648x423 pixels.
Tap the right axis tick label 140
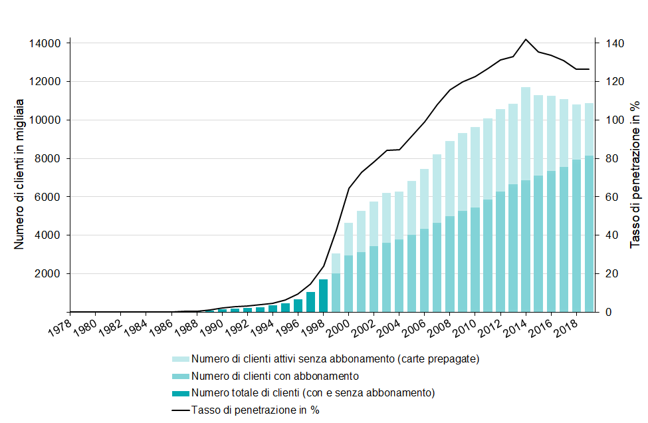pos(613,44)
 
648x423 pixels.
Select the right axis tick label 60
pos(610,197)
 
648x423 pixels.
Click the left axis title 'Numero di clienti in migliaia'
pos(19,174)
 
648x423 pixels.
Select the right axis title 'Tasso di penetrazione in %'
pos(635,174)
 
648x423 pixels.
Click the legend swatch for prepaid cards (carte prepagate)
pos(180,359)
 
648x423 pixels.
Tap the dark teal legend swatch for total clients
pos(180,393)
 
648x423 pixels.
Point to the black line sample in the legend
pos(180,410)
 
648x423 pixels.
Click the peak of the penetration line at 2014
pos(526,39)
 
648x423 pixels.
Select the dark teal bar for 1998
pos(324,295)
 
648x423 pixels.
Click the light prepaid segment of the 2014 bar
pos(526,133)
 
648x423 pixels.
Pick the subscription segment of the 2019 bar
pos(589,233)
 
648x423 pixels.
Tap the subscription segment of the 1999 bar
pos(336,293)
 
